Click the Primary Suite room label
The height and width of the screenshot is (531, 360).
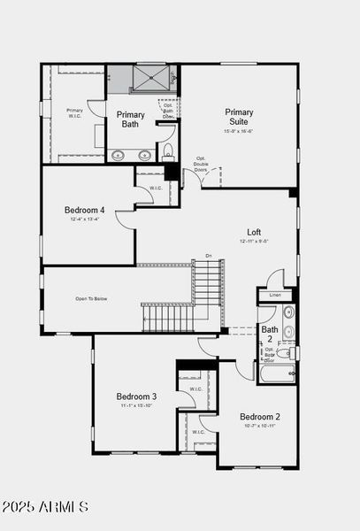click(x=238, y=118)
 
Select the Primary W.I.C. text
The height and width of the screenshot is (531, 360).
click(x=74, y=112)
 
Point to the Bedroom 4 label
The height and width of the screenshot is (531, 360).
click(x=85, y=210)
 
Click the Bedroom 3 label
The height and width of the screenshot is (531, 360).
click(x=137, y=396)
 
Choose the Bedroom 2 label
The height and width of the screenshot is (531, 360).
click(x=260, y=416)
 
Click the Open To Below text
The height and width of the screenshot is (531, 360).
click(x=91, y=299)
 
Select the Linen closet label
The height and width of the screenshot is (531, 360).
click(x=275, y=295)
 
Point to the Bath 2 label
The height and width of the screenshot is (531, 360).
click(x=269, y=334)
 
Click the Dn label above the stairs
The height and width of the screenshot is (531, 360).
click(x=209, y=256)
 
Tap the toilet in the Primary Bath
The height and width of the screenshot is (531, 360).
click(x=168, y=150)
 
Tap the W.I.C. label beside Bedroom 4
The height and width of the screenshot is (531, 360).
click(x=155, y=188)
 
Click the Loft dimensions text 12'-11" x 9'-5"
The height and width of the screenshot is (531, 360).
click(x=253, y=241)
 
